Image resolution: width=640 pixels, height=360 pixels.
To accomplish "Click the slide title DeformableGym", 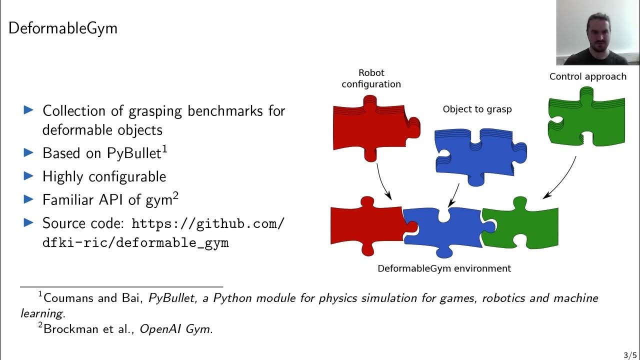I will click(x=63, y=28).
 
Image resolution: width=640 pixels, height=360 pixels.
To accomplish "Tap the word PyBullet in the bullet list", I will click(x=134, y=153).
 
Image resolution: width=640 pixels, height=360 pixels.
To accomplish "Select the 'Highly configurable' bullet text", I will click(x=104, y=176).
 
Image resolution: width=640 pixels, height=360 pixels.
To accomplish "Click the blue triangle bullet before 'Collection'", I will click(x=29, y=110).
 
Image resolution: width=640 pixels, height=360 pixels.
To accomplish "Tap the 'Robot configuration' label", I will click(x=371, y=78).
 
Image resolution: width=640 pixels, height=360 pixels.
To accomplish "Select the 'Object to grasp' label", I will click(x=477, y=109).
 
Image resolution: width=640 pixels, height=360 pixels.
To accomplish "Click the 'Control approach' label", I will click(x=587, y=76).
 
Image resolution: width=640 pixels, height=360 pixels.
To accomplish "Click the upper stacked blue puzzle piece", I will click(x=477, y=155).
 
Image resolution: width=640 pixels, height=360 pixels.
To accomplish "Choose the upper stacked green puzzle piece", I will click(x=585, y=120).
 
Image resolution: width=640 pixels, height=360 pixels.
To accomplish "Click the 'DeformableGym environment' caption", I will click(x=444, y=268).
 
